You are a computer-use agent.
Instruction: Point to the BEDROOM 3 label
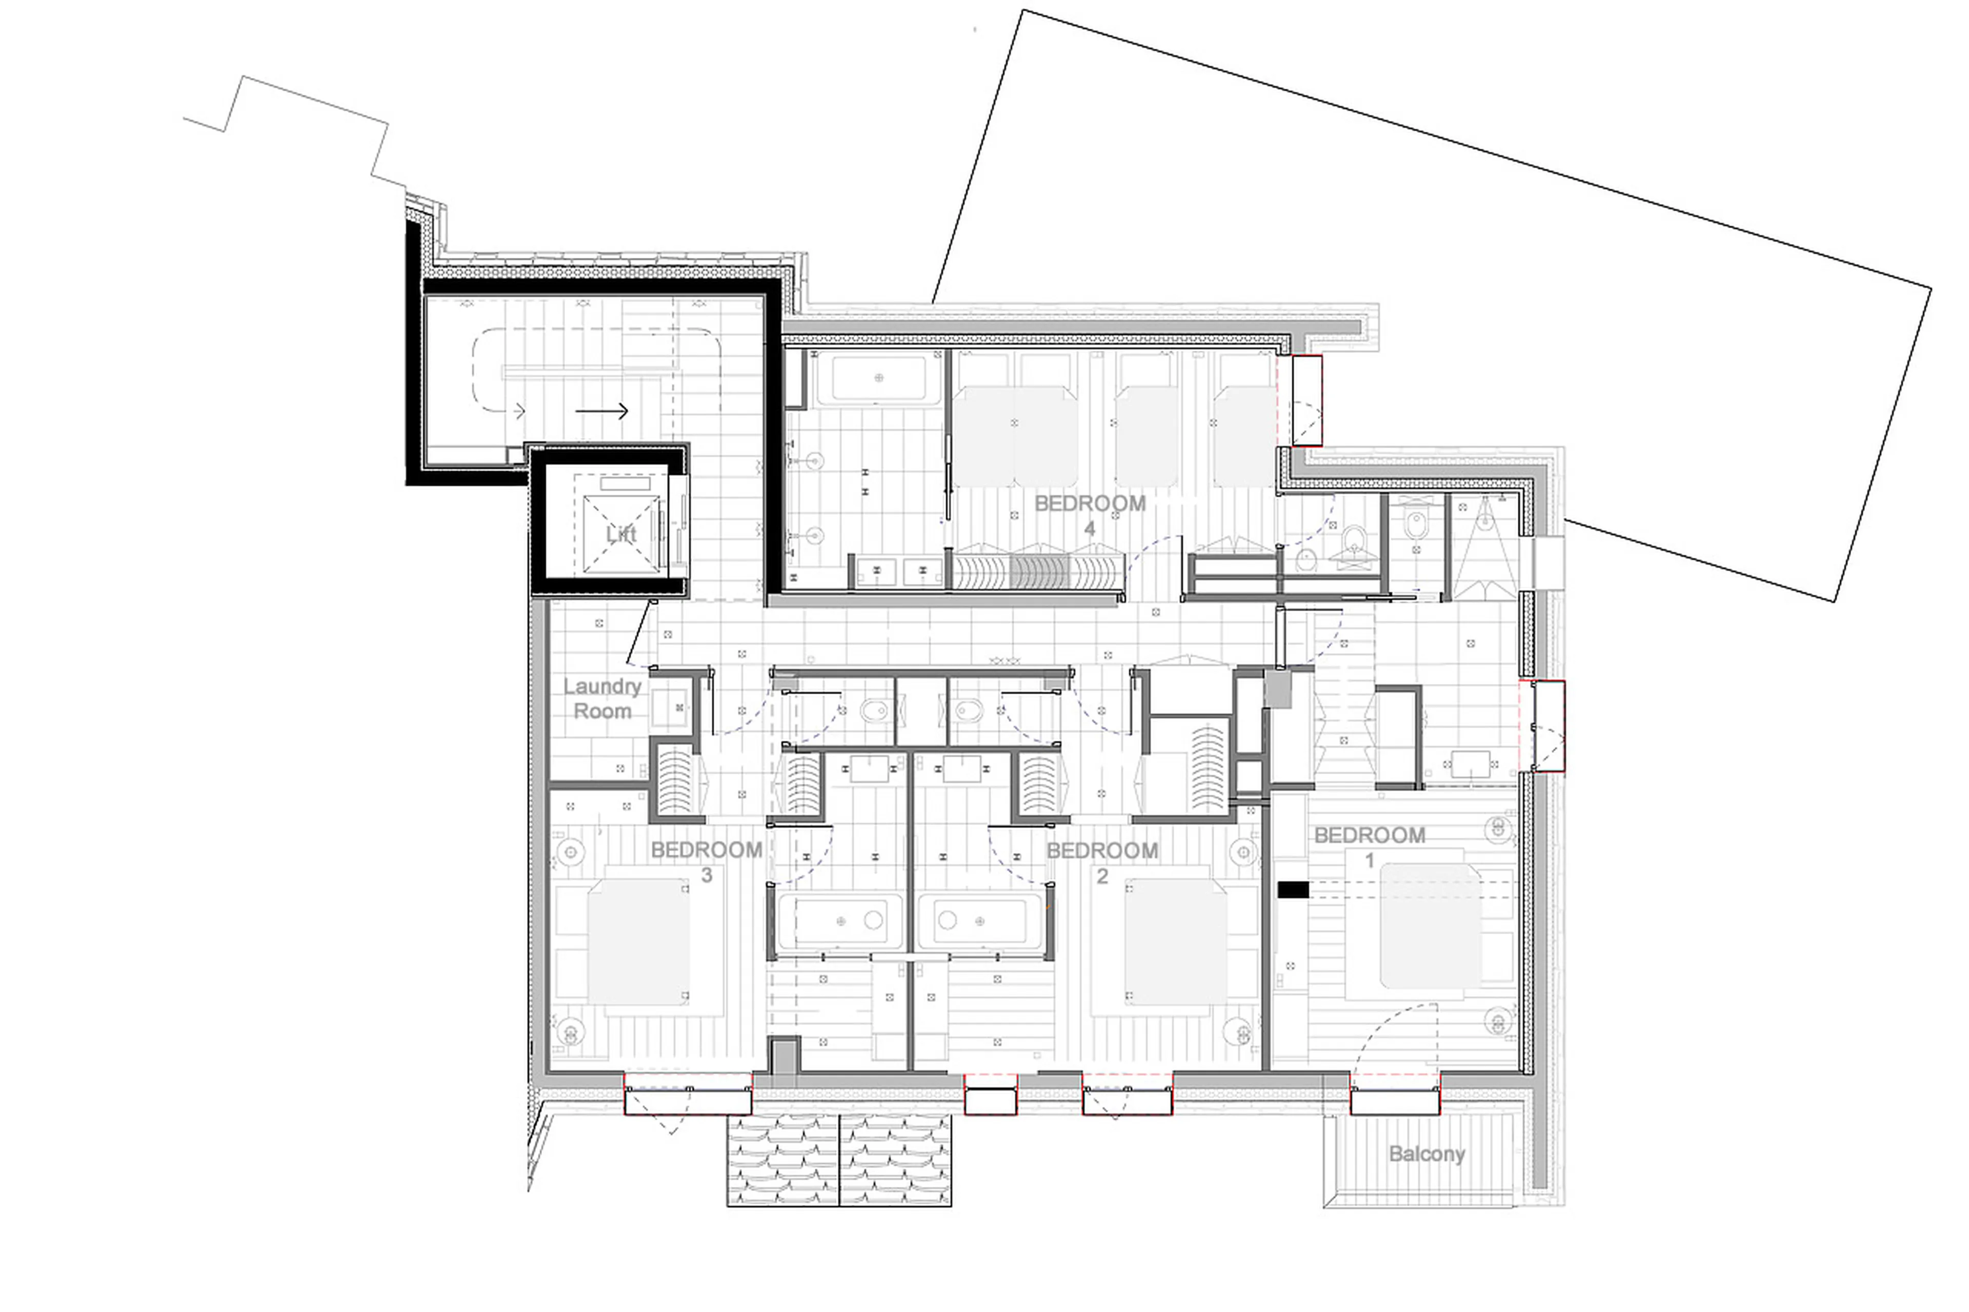(706, 861)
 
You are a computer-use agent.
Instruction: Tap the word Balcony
(1426, 1154)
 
